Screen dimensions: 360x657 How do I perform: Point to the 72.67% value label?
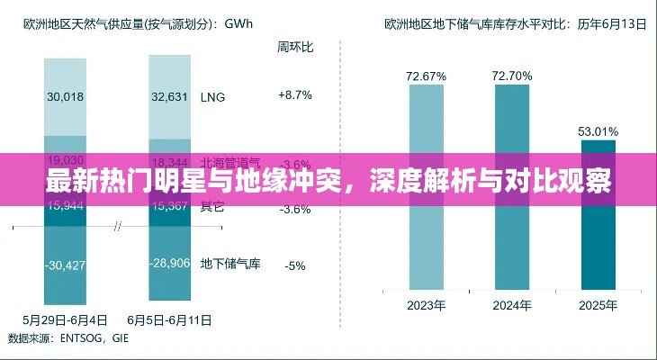coord(426,76)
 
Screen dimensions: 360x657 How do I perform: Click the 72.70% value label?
coord(511,76)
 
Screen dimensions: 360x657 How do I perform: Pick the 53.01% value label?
coord(598,132)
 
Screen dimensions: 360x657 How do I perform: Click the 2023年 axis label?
coord(426,305)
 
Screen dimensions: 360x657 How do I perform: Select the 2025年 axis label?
coord(598,305)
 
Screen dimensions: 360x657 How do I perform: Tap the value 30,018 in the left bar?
coord(64,97)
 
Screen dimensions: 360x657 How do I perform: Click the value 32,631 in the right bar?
coord(170,97)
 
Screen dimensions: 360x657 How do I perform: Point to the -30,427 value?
coord(64,265)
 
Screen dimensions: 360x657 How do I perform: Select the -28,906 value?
coord(170,263)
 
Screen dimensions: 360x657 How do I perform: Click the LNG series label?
coord(212,95)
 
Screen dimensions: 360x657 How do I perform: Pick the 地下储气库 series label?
coord(229,264)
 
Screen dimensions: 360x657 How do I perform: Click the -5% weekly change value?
coord(294,265)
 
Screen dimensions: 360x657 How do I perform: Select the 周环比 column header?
coord(294,45)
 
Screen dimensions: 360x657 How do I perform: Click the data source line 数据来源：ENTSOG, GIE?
coord(69,337)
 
